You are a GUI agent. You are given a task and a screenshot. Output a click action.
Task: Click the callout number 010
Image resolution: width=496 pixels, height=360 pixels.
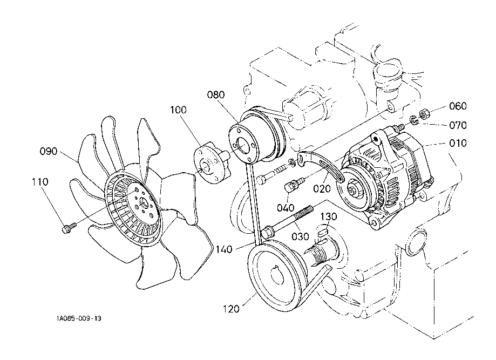457,144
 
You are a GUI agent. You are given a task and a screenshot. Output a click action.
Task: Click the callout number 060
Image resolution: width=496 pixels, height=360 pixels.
457,106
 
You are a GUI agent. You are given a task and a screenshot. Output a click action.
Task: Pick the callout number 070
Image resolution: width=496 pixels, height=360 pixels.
457,125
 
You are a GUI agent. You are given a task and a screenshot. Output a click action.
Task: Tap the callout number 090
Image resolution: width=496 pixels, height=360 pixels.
49,151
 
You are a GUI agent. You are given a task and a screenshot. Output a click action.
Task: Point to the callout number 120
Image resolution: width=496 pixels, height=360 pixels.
230,309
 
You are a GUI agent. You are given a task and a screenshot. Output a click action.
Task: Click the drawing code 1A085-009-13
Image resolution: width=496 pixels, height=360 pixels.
78,318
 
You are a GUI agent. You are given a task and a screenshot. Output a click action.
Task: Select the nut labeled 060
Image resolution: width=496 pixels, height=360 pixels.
424,114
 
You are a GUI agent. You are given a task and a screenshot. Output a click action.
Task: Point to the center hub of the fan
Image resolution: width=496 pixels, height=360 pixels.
142,202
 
